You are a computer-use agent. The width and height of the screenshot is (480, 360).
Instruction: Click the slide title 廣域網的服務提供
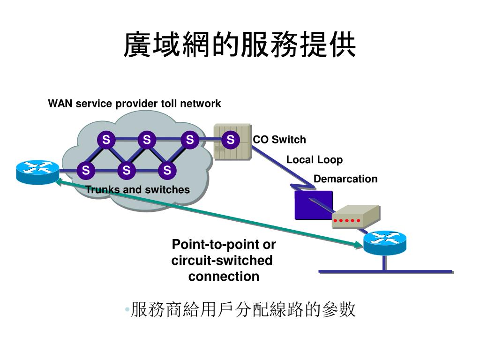coord(240,45)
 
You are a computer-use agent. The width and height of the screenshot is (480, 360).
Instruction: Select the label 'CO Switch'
coord(279,140)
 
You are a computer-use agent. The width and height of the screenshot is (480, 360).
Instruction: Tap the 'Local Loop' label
coord(315,160)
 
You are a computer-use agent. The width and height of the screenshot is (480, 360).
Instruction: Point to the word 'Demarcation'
coord(345,179)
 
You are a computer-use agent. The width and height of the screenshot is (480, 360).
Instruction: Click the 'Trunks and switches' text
coord(137,190)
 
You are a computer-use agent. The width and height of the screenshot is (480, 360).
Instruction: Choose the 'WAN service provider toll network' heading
coord(135,104)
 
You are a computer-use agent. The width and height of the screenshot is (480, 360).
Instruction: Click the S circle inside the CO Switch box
coord(231,140)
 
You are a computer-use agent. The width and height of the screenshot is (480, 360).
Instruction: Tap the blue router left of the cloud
coord(37,172)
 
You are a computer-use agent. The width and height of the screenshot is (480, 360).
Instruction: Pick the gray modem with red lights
coord(356,217)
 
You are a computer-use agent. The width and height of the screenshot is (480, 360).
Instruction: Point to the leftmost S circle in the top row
coord(106,140)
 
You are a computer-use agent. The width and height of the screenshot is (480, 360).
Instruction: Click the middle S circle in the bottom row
coord(127,170)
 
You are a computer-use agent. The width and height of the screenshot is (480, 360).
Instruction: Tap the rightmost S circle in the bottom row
coord(167,170)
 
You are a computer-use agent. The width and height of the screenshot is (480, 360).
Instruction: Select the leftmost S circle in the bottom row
coord(86,170)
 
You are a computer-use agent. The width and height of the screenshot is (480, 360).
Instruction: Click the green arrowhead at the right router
coord(358,245)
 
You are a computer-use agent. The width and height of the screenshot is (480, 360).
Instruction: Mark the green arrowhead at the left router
coord(59,181)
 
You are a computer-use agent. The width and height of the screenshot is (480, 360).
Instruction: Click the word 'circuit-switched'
coord(222,261)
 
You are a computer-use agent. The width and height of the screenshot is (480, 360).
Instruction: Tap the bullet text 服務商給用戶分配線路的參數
coord(243,309)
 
